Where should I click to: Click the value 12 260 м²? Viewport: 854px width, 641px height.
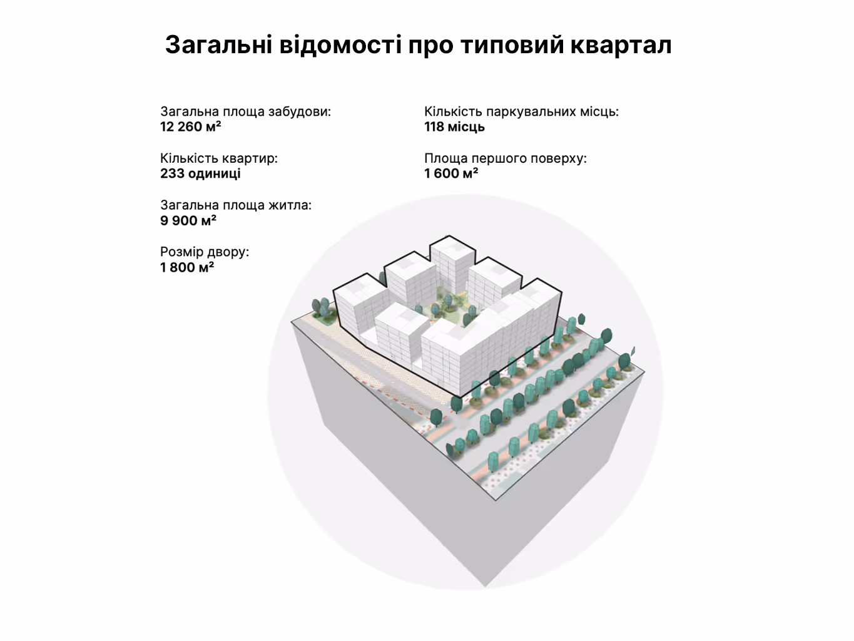click(x=190, y=127)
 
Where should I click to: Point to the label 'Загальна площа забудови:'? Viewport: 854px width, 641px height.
click(x=245, y=112)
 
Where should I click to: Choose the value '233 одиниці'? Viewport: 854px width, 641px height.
click(x=200, y=173)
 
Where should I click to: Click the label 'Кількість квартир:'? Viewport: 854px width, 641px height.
click(x=218, y=158)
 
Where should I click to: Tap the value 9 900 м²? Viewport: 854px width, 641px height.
click(x=188, y=220)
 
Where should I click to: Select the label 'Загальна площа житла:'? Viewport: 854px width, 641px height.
click(x=235, y=205)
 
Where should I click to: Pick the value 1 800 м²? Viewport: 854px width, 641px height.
click(x=186, y=267)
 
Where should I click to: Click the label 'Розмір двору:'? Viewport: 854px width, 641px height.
click(x=204, y=252)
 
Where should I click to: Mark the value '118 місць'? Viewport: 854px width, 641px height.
click(x=454, y=127)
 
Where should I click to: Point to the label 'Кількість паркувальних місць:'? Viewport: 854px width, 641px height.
click(x=521, y=112)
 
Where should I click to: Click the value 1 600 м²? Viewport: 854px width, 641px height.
click(x=451, y=173)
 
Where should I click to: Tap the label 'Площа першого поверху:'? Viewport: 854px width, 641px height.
click(x=505, y=158)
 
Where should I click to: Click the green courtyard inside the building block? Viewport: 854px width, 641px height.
click(x=447, y=305)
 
